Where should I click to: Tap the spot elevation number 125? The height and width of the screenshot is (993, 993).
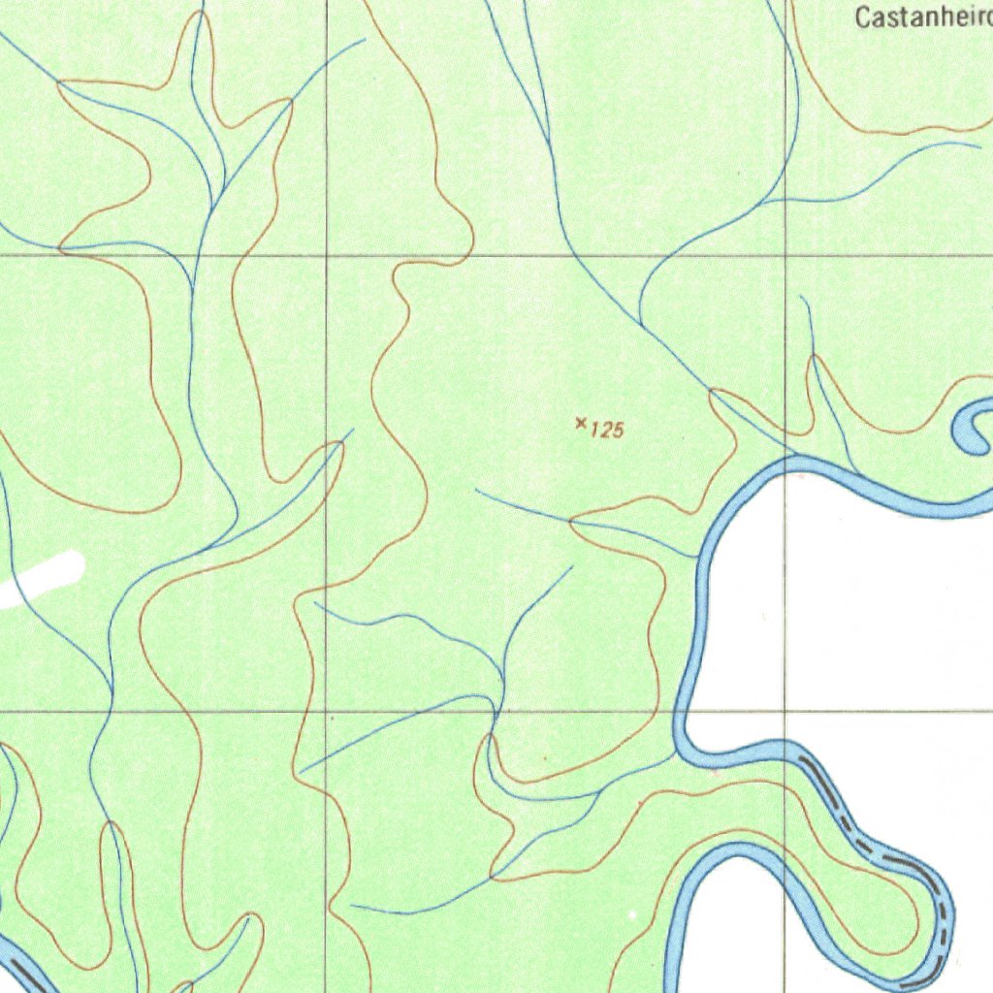(606, 430)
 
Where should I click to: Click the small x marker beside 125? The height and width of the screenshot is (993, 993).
(581, 422)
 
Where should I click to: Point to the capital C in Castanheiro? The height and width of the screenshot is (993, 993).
(862, 17)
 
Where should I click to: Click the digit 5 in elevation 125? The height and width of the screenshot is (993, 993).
(617, 430)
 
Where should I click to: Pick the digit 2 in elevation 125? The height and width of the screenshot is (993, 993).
(605, 430)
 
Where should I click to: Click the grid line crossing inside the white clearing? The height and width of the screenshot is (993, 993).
(785, 712)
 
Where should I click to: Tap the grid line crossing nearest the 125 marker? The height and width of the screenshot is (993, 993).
(785, 256)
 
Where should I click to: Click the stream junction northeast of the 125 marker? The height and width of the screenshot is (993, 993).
(640, 325)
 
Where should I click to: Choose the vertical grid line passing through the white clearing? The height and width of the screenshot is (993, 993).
(785, 601)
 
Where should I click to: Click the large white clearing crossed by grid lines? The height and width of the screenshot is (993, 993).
(853, 621)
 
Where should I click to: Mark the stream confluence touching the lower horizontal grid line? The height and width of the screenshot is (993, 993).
(496, 712)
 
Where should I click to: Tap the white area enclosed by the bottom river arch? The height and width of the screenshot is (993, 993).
(737, 931)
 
